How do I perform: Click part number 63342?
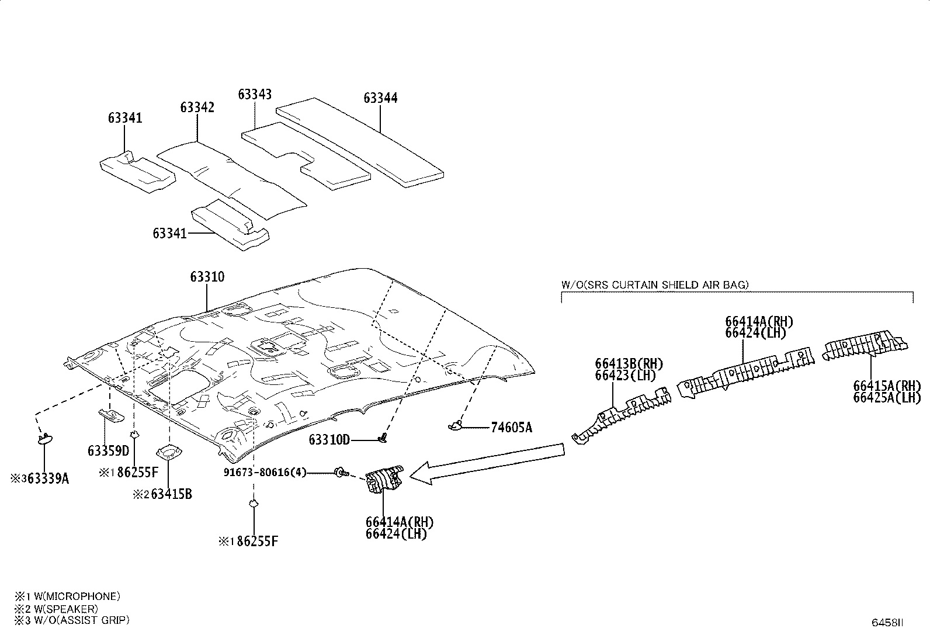197,107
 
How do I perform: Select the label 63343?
255,95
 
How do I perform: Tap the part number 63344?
380,98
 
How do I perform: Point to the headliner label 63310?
207,277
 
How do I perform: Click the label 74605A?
511,427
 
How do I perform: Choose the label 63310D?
329,440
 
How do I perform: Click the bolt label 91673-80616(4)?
265,472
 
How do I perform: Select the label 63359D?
108,450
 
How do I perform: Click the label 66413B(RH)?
629,364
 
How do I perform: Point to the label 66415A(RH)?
887,386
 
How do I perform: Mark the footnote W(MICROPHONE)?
77,596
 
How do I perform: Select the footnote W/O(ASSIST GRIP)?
82,620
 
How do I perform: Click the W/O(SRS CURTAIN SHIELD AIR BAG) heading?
655,285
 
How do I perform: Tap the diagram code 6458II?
887,623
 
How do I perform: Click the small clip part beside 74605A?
455,426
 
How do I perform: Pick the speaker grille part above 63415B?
169,452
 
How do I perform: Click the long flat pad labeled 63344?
359,143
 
